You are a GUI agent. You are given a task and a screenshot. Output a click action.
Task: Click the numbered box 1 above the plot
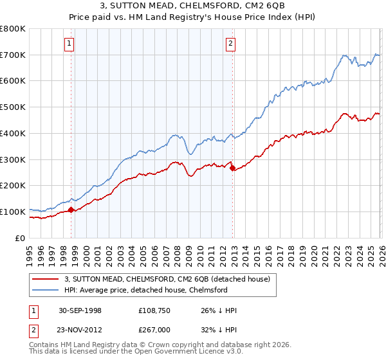tap(69, 44)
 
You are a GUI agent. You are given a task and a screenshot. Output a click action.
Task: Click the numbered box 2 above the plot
tap(230, 44)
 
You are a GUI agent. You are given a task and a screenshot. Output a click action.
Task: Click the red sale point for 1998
tap(71, 209)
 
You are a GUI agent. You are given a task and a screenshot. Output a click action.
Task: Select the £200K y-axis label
tap(13, 186)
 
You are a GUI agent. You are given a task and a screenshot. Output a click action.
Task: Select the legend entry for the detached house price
tap(170, 279)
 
